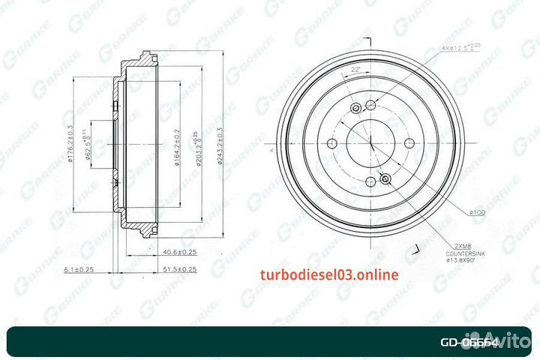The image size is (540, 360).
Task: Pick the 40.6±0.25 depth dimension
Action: tap(178, 253)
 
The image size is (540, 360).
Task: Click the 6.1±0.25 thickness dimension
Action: tap(79, 268)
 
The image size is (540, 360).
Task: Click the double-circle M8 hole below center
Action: tap(385, 178)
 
